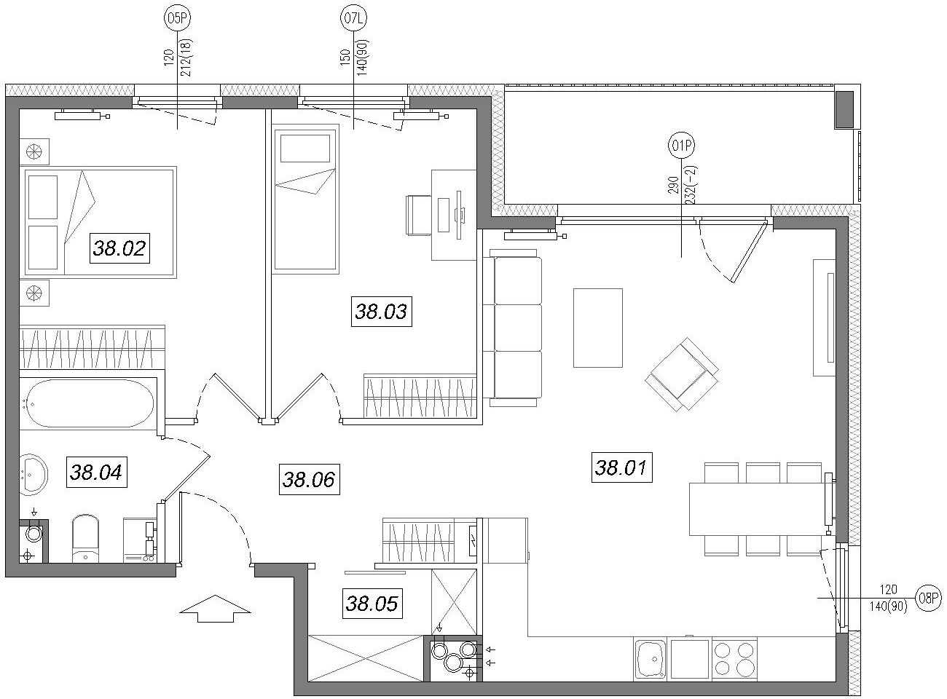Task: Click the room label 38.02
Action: point(119,248)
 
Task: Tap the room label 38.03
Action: point(381,312)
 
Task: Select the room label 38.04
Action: point(96,472)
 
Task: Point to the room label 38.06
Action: point(309,480)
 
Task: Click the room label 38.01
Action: point(621,467)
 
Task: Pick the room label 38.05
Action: point(372,604)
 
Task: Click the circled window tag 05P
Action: point(177,18)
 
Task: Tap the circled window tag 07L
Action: point(353,18)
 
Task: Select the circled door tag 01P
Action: point(681,146)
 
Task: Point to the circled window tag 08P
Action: point(929,598)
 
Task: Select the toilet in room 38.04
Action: point(86,539)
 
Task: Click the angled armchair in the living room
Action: point(681,374)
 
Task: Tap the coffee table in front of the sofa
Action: point(598,328)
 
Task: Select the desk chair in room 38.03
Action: point(418,215)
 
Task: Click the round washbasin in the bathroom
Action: point(34,474)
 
